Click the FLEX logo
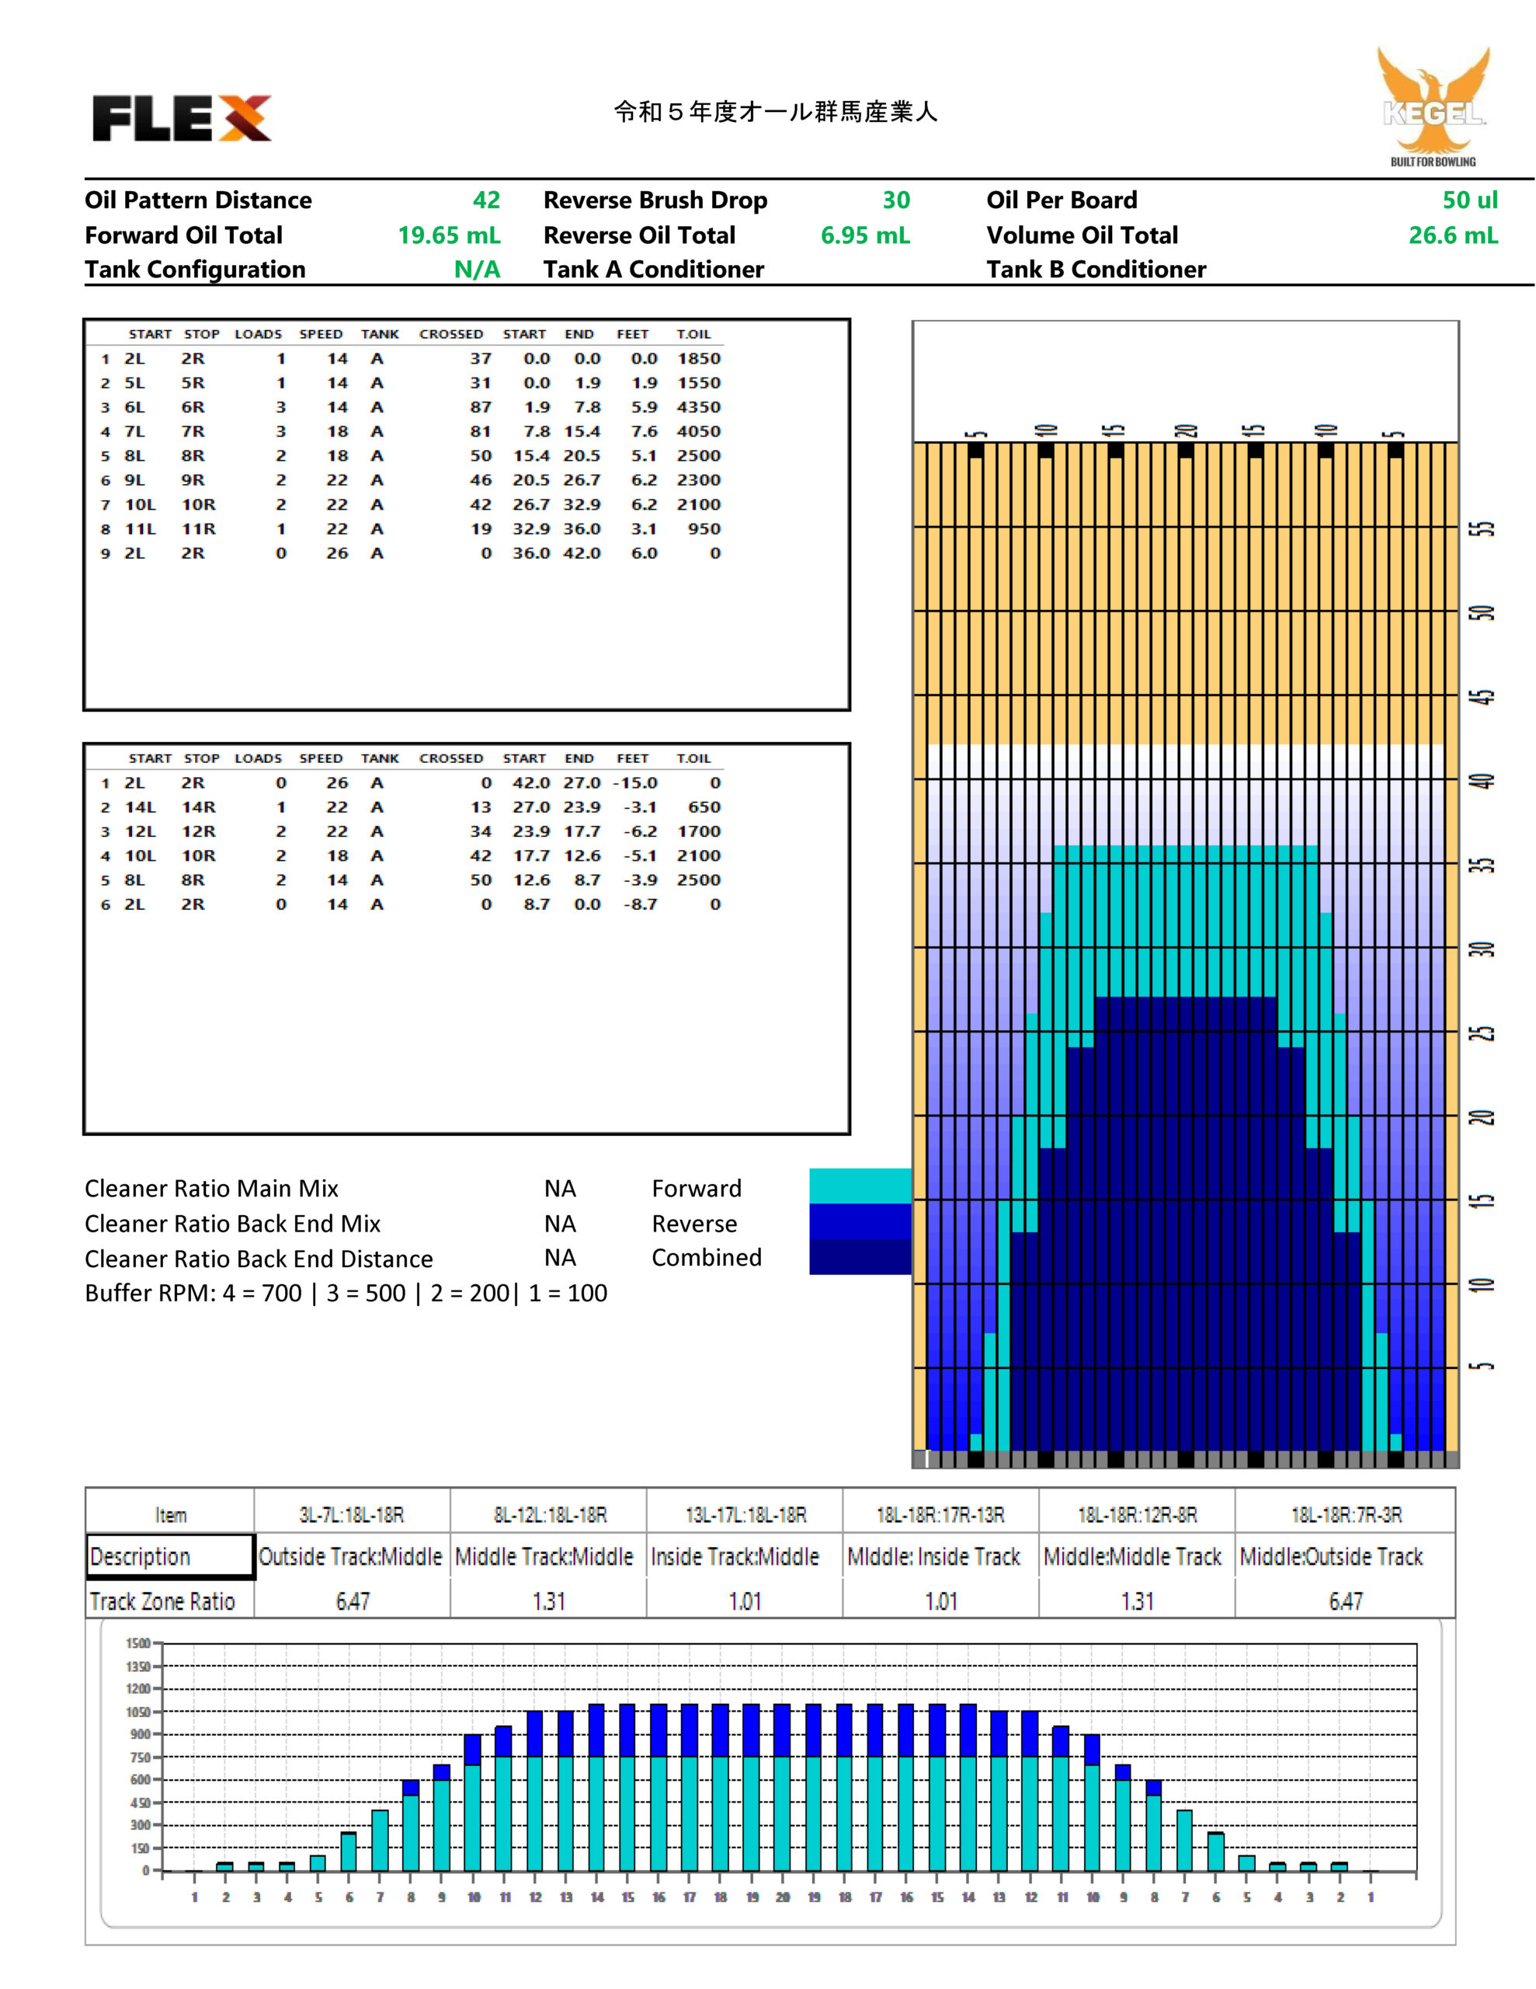pyautogui.click(x=182, y=117)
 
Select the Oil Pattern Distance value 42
pyautogui.click(x=486, y=200)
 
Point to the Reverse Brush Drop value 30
pyautogui.click(x=896, y=200)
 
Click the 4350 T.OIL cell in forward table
pyautogui.click(x=698, y=407)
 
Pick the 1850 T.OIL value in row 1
pyautogui.click(x=698, y=359)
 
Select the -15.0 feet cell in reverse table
pyautogui.click(x=634, y=783)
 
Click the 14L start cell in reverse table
pyautogui.click(x=141, y=808)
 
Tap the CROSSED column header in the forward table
pyautogui.click(x=450, y=334)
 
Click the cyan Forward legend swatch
pyautogui.click(x=860, y=1186)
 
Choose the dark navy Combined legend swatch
pyautogui.click(x=860, y=1257)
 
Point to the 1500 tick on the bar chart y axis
pyautogui.click(x=138, y=1644)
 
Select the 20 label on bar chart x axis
pyautogui.click(x=782, y=1898)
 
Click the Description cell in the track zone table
pyautogui.click(x=170, y=1556)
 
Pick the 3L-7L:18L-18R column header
pyautogui.click(x=352, y=1515)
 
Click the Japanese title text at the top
pyautogui.click(x=776, y=112)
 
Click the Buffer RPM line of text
pyautogui.click(x=346, y=1293)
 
